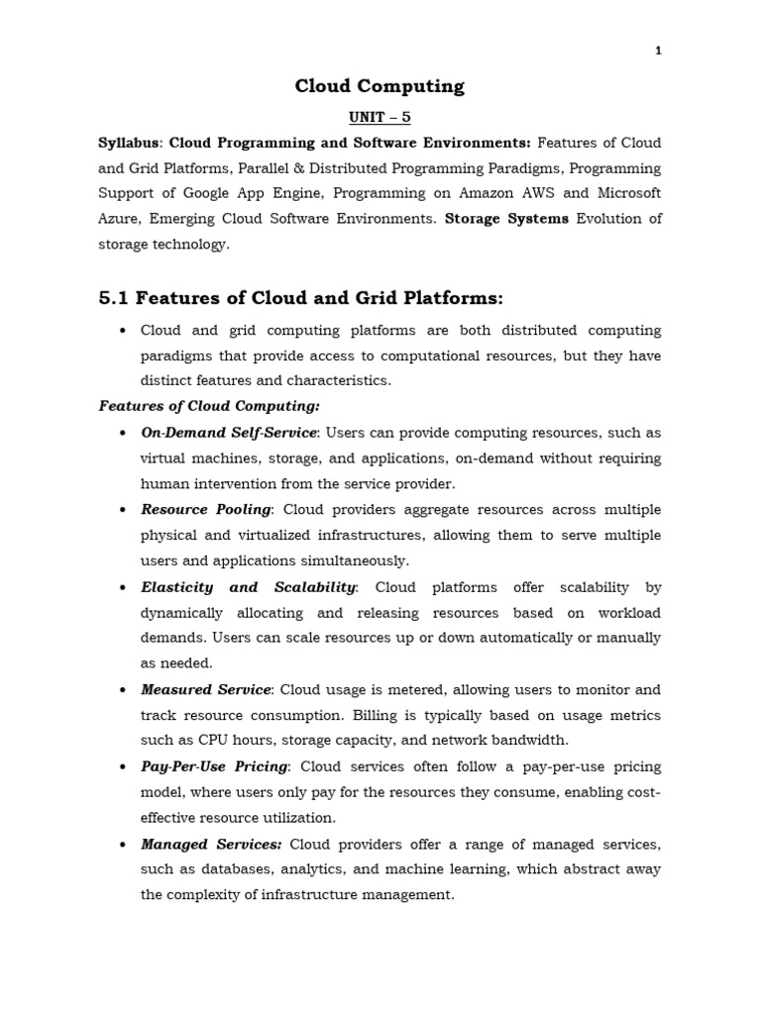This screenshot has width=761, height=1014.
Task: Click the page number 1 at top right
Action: coord(659,52)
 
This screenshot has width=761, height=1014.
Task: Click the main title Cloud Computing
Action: coord(380,86)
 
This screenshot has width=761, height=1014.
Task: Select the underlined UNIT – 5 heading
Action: coord(380,118)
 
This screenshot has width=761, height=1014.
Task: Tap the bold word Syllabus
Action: coord(129,143)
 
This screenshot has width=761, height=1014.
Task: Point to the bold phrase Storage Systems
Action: coord(507,219)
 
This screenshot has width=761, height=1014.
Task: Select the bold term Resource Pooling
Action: coord(206,509)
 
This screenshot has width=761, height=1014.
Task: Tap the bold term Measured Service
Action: coord(206,689)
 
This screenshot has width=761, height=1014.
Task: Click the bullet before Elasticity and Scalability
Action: coord(121,587)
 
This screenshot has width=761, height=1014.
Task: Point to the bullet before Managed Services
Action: coord(121,845)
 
